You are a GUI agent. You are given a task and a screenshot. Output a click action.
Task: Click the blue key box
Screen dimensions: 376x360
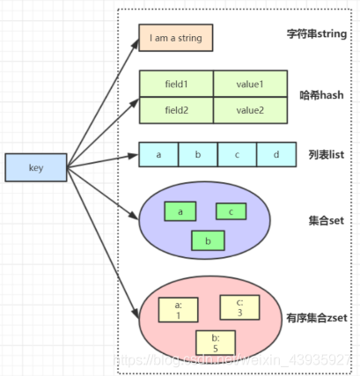click(x=36, y=167)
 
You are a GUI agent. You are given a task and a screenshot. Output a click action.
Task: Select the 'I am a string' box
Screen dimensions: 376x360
click(x=176, y=38)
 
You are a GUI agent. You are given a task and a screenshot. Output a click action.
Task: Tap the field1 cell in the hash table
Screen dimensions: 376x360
click(x=176, y=85)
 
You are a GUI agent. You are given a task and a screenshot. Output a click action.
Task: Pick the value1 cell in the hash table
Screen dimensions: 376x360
click(x=250, y=85)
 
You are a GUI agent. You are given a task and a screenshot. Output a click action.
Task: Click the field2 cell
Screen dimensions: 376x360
click(x=176, y=110)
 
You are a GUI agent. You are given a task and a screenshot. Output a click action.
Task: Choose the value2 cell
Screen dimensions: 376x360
click(x=250, y=110)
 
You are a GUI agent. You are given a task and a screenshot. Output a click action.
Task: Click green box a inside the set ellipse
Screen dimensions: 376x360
click(x=180, y=211)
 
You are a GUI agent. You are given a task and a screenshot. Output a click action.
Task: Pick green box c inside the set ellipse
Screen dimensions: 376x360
click(x=231, y=211)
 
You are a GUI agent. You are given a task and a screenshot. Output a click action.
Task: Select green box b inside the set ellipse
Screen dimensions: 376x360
click(x=207, y=239)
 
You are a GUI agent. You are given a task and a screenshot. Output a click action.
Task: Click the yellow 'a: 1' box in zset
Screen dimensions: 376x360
click(x=177, y=309)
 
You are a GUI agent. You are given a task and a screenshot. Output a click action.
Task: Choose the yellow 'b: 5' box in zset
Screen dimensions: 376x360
click(x=214, y=341)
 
